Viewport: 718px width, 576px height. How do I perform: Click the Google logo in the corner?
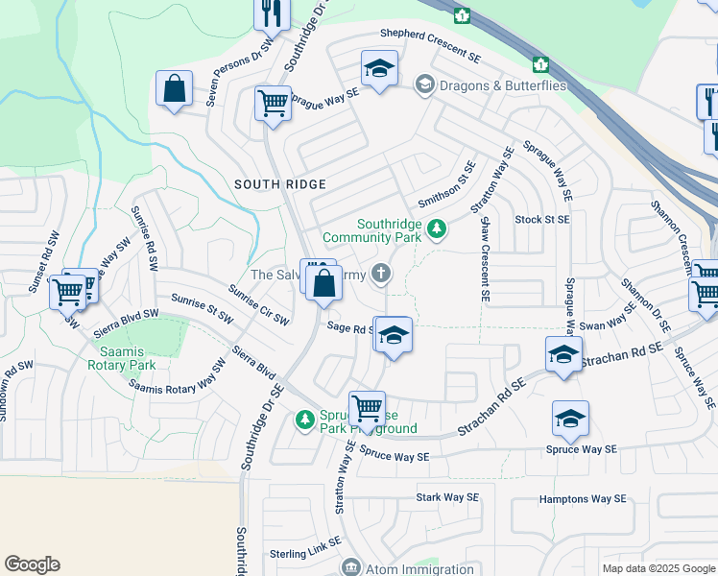click(33, 564)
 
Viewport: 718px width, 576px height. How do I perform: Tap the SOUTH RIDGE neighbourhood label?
click(280, 184)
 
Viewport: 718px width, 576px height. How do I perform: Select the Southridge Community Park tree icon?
click(437, 228)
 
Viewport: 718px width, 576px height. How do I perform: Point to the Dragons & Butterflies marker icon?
click(422, 85)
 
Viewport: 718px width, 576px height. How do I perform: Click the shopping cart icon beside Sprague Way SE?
click(273, 102)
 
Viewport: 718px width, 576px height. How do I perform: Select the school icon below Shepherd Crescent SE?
click(379, 69)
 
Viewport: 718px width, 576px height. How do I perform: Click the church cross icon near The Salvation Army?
click(381, 276)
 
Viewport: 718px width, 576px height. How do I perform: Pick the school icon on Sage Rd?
click(393, 336)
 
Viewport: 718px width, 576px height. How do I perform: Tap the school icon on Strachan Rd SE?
click(563, 355)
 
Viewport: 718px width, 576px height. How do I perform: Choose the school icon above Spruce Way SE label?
click(570, 419)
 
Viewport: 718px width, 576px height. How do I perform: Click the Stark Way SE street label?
click(446, 497)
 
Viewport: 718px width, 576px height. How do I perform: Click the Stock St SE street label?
click(541, 219)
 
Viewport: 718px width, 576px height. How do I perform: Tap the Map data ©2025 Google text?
click(658, 568)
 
